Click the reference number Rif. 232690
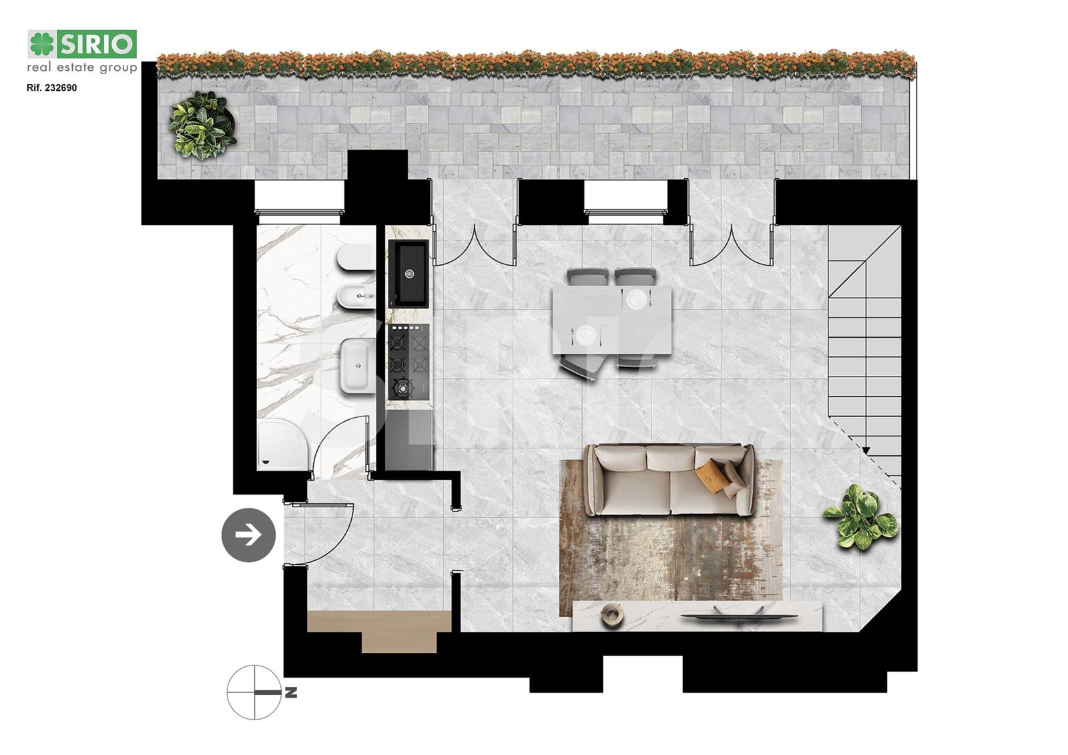pyautogui.click(x=52, y=87)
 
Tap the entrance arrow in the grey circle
pyautogui.click(x=248, y=535)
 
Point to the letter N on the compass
pyautogui.click(x=291, y=692)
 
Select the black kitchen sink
pyautogui.click(x=409, y=274)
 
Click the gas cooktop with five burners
pyautogui.click(x=409, y=362)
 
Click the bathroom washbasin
pyautogui.click(x=358, y=366)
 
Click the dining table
pyautogui.click(x=611, y=320)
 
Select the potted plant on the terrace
pyautogui.click(x=203, y=125)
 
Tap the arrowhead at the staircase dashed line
pyautogui.click(x=866, y=451)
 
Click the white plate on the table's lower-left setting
pyautogui.click(x=585, y=335)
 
